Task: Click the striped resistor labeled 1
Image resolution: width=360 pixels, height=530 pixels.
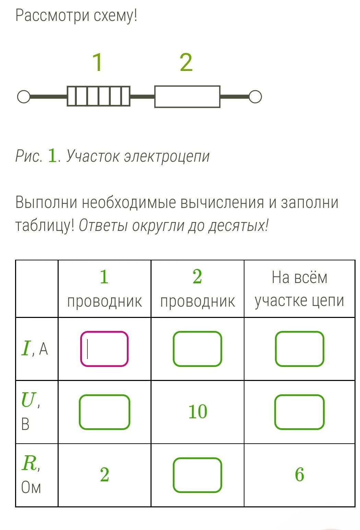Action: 98,96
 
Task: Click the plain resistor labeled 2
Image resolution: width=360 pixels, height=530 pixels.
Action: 187,97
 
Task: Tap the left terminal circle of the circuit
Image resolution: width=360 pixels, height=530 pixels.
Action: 24,97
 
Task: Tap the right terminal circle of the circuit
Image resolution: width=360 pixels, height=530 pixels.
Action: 255,97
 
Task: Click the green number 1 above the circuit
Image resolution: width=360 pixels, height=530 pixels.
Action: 98,62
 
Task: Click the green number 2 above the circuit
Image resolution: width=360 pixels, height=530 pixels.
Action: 186,62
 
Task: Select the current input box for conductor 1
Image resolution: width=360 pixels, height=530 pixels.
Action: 104,349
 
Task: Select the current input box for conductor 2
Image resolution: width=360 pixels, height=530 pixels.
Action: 197,349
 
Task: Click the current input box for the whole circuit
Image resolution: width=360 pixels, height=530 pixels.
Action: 299,349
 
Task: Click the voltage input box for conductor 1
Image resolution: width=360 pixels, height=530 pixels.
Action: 104,412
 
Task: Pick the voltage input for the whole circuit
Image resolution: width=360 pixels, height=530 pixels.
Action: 299,412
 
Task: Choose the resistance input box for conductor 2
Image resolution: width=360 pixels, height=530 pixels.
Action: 197,475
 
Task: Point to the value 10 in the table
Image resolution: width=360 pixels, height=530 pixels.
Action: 197,412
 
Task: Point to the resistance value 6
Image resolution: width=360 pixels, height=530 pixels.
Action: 299,475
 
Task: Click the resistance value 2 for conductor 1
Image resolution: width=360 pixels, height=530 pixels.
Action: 105,475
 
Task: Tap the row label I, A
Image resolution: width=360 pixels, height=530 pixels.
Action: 35,349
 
